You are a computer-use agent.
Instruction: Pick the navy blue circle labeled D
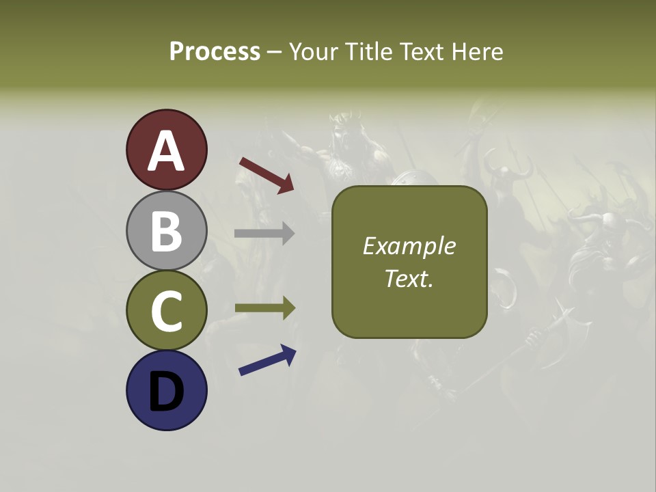tap(166, 390)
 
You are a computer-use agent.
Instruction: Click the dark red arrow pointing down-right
tap(267, 175)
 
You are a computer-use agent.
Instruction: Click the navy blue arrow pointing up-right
tap(267, 360)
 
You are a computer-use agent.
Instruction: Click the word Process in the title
tap(215, 51)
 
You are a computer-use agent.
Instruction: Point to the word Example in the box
tap(409, 246)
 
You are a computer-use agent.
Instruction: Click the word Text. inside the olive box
tap(409, 279)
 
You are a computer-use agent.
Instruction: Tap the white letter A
tap(166, 152)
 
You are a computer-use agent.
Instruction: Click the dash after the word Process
tap(274, 53)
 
